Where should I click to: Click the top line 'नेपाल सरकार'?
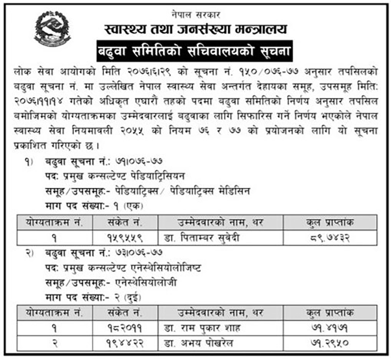195,10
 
